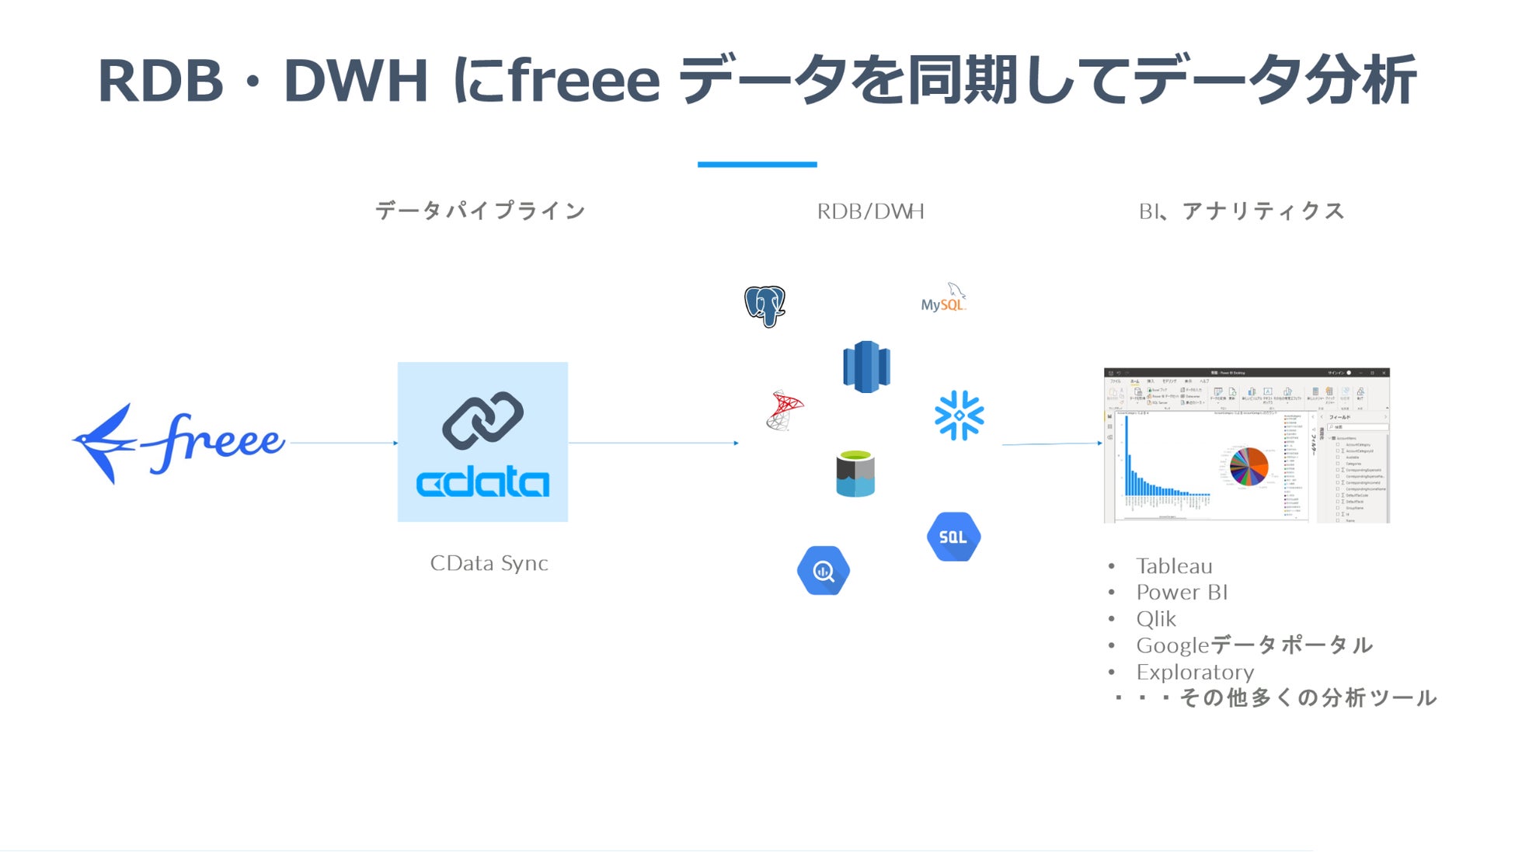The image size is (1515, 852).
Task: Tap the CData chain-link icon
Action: click(x=482, y=420)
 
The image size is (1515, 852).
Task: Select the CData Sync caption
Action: click(x=489, y=563)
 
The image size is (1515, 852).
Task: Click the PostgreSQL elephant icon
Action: click(x=764, y=305)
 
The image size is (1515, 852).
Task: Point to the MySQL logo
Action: click(x=943, y=299)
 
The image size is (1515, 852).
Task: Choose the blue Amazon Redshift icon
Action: click(x=866, y=366)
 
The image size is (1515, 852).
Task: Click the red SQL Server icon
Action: click(x=784, y=410)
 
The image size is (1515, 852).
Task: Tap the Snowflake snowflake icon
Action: click(x=959, y=415)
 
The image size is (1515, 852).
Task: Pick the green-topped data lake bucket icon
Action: click(x=855, y=473)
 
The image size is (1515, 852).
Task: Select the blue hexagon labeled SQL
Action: click(x=953, y=537)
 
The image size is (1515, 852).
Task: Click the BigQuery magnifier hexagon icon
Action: click(x=824, y=571)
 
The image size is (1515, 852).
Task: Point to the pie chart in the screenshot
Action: click(x=1249, y=467)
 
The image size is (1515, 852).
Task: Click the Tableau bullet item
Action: click(x=1173, y=566)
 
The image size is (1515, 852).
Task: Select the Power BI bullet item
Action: click(x=1181, y=593)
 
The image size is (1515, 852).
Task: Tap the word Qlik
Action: click(x=1156, y=619)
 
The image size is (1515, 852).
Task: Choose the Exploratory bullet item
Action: click(x=1194, y=672)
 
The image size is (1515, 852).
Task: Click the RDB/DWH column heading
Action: click(x=870, y=211)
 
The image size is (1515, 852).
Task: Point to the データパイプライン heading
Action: click(x=480, y=210)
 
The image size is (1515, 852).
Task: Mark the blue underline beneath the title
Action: click(x=757, y=164)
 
